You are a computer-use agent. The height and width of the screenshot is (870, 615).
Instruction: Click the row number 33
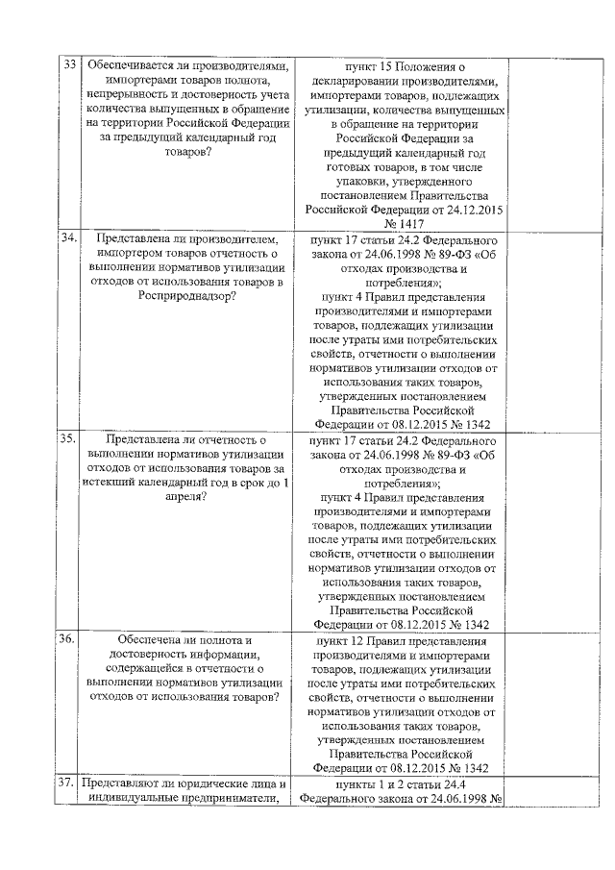point(69,66)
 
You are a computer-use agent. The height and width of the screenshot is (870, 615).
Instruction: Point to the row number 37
point(68,783)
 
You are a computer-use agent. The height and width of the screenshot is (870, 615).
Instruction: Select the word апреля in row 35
point(185,497)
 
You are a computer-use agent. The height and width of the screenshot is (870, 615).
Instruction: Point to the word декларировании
point(354,82)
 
